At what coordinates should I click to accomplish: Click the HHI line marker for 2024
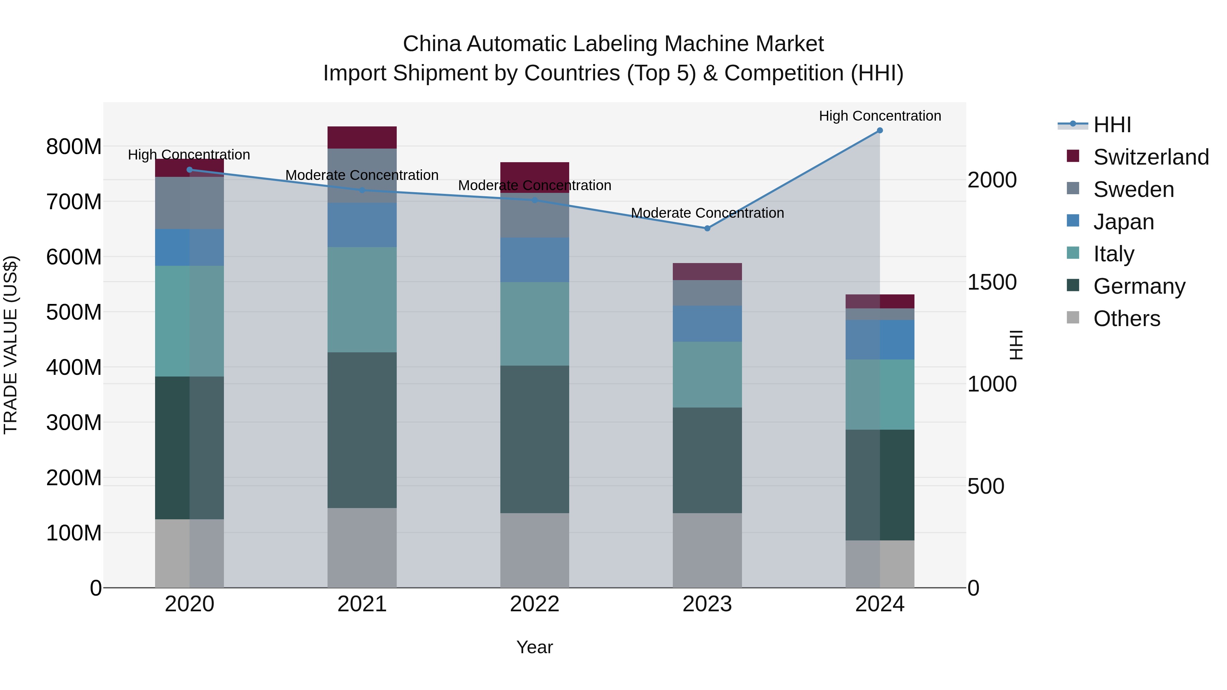coord(879,131)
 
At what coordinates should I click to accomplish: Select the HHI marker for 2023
coord(707,229)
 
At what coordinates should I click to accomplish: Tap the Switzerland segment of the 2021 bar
coord(362,138)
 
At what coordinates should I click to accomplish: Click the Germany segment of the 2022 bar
coord(534,439)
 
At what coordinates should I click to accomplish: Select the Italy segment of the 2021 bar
coord(362,300)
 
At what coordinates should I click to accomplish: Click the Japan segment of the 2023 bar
coord(707,324)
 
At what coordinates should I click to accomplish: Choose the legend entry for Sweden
coord(1133,189)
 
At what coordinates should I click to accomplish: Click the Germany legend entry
coord(1139,286)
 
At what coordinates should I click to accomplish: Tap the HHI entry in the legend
coord(1112,125)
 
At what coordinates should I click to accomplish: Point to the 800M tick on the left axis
coord(74,147)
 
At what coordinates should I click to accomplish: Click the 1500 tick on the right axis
coord(992,282)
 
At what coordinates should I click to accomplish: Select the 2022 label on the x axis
coord(534,604)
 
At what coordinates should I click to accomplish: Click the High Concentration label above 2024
coord(879,116)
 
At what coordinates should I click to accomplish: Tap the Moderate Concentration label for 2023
coord(707,213)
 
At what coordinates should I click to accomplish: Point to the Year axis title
coord(534,647)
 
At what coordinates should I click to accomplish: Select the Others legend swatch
coord(1073,317)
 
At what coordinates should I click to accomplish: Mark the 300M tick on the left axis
coord(74,423)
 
